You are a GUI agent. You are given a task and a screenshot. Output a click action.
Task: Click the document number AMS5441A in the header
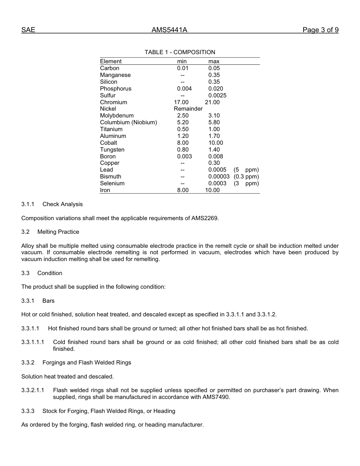click(x=169, y=30)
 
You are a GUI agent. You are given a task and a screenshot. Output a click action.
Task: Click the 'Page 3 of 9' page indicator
click(x=320, y=30)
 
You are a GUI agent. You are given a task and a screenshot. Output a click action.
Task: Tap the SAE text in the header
click(x=28, y=30)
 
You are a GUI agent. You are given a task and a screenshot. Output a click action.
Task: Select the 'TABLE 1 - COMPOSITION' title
click(x=180, y=52)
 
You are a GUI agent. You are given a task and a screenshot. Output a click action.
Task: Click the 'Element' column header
click(x=111, y=61)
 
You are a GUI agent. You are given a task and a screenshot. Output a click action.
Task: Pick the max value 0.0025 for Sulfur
click(x=217, y=95)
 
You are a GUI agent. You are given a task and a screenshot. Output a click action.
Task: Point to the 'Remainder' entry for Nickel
click(x=188, y=109)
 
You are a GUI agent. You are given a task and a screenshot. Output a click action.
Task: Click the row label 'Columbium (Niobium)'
click(x=128, y=122)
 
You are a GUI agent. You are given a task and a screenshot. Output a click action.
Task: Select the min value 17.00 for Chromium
click(x=181, y=102)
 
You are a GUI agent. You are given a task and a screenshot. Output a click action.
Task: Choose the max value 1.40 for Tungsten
click(x=214, y=150)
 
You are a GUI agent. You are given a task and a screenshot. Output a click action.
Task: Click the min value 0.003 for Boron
click(x=184, y=156)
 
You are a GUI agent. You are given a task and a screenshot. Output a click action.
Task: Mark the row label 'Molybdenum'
click(x=117, y=116)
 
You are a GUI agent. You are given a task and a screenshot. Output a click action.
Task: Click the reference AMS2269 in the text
click(x=205, y=218)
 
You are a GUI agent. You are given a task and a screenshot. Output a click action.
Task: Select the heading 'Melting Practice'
click(x=58, y=232)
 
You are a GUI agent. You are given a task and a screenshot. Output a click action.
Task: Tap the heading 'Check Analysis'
click(x=63, y=204)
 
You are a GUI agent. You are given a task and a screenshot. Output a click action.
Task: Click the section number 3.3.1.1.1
click(x=33, y=342)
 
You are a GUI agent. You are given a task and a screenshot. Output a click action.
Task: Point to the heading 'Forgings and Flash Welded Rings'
click(x=87, y=363)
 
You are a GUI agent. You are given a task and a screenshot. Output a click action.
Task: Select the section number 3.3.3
click(x=28, y=411)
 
